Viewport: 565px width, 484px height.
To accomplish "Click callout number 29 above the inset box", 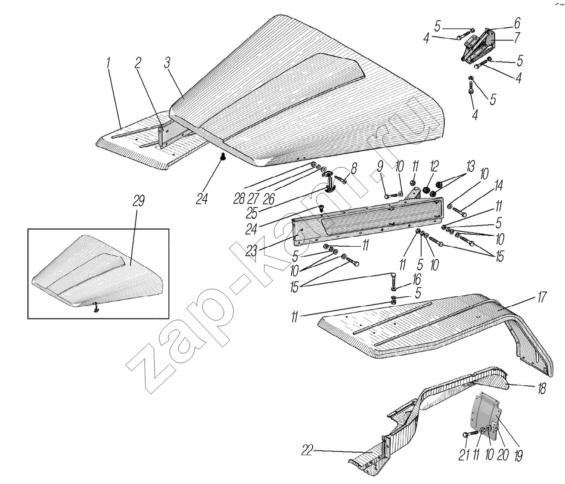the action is tap(138, 201).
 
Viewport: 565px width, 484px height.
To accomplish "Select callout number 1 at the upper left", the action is tap(109, 62).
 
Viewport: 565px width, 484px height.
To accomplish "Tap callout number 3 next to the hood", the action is tap(167, 62).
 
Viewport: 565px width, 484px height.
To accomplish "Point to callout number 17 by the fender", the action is tap(542, 297).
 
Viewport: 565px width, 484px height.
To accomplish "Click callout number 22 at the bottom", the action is tap(307, 450).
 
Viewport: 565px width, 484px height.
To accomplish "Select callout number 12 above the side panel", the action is tap(434, 166).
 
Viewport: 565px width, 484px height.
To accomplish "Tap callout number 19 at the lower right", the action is tap(518, 455).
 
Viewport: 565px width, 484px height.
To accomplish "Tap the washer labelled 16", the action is tap(393, 289).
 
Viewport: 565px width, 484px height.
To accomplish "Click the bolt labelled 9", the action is tap(391, 195).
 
